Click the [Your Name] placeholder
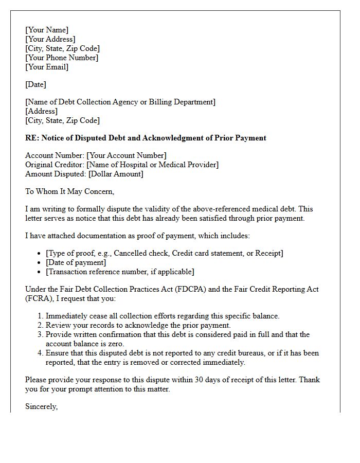coord(47,30)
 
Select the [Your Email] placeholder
coord(47,67)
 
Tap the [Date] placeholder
coord(35,84)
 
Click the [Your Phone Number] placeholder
coord(62,58)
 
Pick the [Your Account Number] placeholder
coord(127,155)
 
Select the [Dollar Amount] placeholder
coord(116,174)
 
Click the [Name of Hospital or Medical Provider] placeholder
coord(152,165)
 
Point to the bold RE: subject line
coord(146,138)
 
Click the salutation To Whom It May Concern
coord(69,191)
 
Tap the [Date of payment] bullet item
coord(76,262)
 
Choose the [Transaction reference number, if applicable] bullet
coord(120,272)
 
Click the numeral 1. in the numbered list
coord(41,316)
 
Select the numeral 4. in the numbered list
coord(41,353)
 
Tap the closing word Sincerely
coord(41,406)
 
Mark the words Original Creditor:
coord(55,165)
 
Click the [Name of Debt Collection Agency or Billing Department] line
coord(120,102)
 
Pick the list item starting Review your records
coord(138,325)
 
